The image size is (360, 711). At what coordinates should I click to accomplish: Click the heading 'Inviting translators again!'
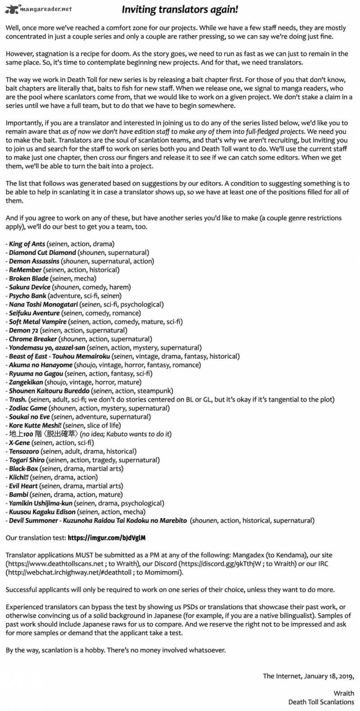(180, 9)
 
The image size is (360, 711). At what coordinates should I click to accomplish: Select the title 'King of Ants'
(27, 244)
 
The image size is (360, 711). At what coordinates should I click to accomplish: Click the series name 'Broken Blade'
(28, 279)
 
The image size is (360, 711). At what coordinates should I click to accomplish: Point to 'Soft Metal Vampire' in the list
(38, 322)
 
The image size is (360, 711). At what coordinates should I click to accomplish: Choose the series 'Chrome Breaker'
(33, 339)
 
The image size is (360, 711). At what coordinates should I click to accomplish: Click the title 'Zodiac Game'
(28, 409)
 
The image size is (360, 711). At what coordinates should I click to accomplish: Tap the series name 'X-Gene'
(19, 443)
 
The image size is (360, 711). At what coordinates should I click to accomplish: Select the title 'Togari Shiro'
(27, 460)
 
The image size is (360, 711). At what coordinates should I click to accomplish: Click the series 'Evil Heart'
(23, 486)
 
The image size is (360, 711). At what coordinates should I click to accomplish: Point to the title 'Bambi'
(18, 495)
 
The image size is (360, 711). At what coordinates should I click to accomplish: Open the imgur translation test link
(107, 538)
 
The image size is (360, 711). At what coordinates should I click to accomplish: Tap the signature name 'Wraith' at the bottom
(344, 693)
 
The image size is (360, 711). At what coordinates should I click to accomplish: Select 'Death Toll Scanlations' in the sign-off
(321, 702)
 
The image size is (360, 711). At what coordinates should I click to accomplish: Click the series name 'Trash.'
(18, 400)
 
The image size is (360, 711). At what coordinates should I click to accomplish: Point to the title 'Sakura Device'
(30, 287)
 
